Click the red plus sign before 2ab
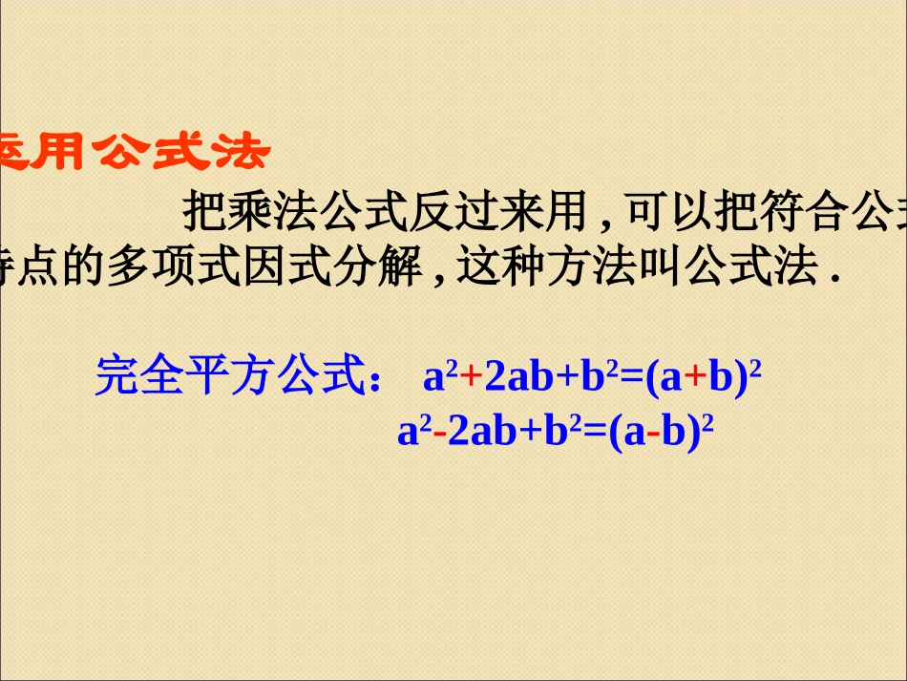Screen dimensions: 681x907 click(x=472, y=378)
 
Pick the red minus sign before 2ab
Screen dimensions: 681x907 click(x=439, y=433)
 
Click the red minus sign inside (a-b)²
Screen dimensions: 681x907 click(x=655, y=433)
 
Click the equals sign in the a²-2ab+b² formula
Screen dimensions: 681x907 click(x=595, y=434)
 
